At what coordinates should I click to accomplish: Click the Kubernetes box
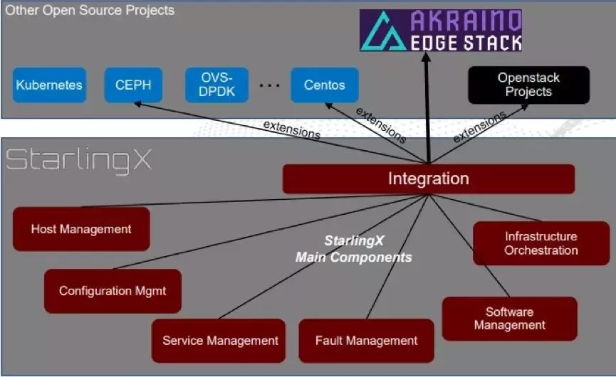click(x=49, y=85)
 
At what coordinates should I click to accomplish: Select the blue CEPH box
click(x=133, y=85)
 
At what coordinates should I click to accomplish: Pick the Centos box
click(x=324, y=85)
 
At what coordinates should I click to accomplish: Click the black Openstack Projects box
click(x=528, y=85)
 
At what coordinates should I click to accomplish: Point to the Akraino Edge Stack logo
click(x=441, y=31)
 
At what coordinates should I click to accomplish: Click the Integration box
click(x=428, y=179)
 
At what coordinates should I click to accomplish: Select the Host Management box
click(x=81, y=229)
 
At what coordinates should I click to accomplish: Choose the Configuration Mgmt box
click(x=113, y=291)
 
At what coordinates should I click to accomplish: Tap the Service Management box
click(x=220, y=340)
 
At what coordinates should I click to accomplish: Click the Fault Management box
click(x=366, y=340)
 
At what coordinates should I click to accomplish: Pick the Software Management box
click(x=509, y=319)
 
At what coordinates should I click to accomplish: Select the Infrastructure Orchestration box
click(x=541, y=243)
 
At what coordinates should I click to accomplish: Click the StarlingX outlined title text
click(x=79, y=159)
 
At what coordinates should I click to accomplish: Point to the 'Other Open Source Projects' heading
click(x=90, y=11)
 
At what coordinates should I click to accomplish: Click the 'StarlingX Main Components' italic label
click(x=353, y=249)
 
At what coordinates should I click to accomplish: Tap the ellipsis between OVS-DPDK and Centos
click(x=270, y=85)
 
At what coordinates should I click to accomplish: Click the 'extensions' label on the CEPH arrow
click(x=291, y=129)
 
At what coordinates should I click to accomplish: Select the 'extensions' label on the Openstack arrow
click(x=479, y=126)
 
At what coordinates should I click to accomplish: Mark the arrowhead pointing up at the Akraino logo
click(x=427, y=58)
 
